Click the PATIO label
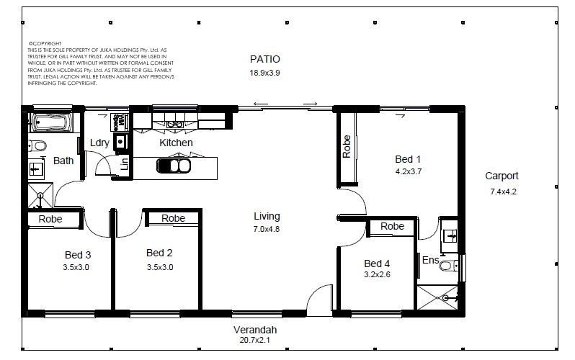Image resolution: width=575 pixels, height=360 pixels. (264, 59)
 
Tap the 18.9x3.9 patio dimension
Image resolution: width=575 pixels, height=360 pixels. (264, 73)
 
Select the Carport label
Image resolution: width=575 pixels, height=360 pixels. (502, 176)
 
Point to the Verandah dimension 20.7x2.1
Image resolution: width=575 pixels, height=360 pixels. (255, 341)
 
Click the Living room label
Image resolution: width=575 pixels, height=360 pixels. (267, 217)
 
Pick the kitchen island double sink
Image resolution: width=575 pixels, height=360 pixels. (174, 166)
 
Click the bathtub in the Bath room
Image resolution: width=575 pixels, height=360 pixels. (51, 122)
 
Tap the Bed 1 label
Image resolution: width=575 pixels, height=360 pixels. (408, 159)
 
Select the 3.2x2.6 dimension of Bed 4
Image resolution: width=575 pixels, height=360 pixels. (377, 274)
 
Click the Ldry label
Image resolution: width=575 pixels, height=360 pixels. (99, 143)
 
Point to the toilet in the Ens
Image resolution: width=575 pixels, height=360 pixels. (448, 265)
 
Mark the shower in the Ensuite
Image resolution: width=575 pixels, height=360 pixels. (437, 297)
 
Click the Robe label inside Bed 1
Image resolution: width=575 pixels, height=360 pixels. (347, 147)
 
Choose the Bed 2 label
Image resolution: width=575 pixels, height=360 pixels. (159, 253)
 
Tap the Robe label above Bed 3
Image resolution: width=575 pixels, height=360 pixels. (50, 219)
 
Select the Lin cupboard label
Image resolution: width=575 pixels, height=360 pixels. (125, 164)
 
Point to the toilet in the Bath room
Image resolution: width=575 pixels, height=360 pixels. (37, 146)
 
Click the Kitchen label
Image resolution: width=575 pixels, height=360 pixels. (176, 143)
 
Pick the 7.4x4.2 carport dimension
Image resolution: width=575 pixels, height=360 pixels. (503, 192)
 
